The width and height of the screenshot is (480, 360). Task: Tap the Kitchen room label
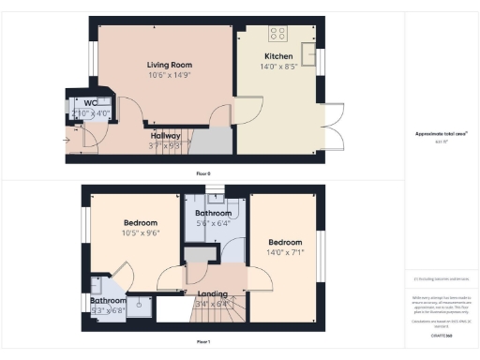point(277,56)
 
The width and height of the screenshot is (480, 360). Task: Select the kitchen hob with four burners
point(278,33)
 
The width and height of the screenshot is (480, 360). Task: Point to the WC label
point(91,102)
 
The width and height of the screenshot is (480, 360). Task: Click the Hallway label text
point(166,135)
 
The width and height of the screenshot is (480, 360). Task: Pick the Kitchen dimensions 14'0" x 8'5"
point(277,67)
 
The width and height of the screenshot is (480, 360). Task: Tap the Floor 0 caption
point(203,173)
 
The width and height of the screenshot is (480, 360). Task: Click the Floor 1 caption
point(203,341)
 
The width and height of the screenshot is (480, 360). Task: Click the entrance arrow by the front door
point(67,141)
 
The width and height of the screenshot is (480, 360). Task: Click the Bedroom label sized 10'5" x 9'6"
point(140,223)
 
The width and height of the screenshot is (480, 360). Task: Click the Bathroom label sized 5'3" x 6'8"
point(109,301)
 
